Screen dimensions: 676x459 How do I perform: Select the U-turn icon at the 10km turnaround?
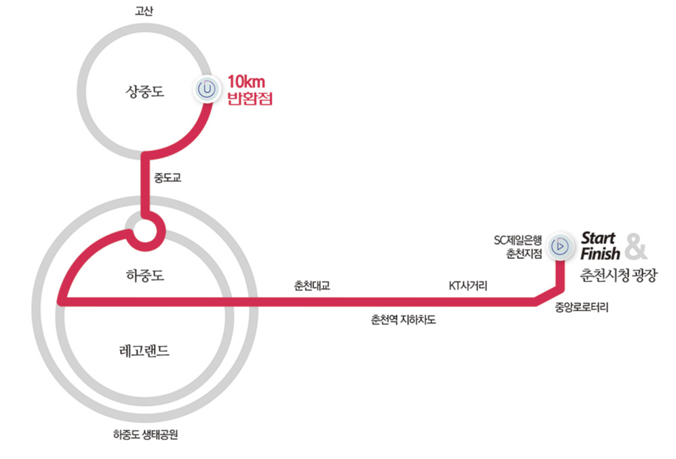tap(207, 88)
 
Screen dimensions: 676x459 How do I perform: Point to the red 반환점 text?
tap(249, 100)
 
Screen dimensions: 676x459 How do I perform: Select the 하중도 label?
tap(145, 276)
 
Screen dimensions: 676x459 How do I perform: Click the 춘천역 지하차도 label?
tap(403, 319)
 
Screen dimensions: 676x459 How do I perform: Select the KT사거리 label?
tap(468, 286)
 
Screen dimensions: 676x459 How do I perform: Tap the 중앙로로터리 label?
tap(582, 308)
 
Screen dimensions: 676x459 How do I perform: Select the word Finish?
tap(600, 255)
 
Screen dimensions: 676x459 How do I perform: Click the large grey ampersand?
tap(636, 246)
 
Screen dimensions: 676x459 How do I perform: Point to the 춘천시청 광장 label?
tap(618, 276)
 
